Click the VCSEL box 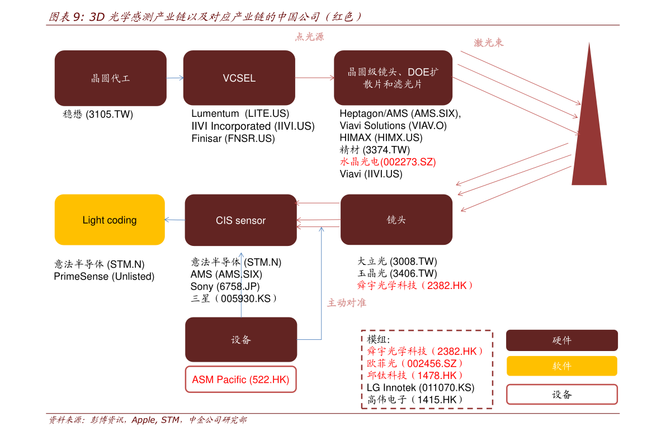pos(239,78)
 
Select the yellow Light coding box pos(110,220)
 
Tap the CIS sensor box pos(241,220)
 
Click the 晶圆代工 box pos(110,78)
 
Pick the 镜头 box pos(396,220)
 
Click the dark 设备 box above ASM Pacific pos(241,340)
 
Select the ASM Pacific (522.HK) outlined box pos(241,379)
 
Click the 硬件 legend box pos(562,340)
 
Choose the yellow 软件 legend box pos(562,366)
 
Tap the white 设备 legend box pos(562,395)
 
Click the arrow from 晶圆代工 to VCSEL pos(175,78)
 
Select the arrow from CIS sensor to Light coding pos(175,220)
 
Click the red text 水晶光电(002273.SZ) pos(388,162)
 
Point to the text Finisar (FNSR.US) pos(233,139)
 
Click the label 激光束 pos(489,42)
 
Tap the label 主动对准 pos(347,303)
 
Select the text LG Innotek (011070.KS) pos(421,387)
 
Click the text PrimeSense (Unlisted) pos(104,276)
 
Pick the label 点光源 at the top pos(310,37)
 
